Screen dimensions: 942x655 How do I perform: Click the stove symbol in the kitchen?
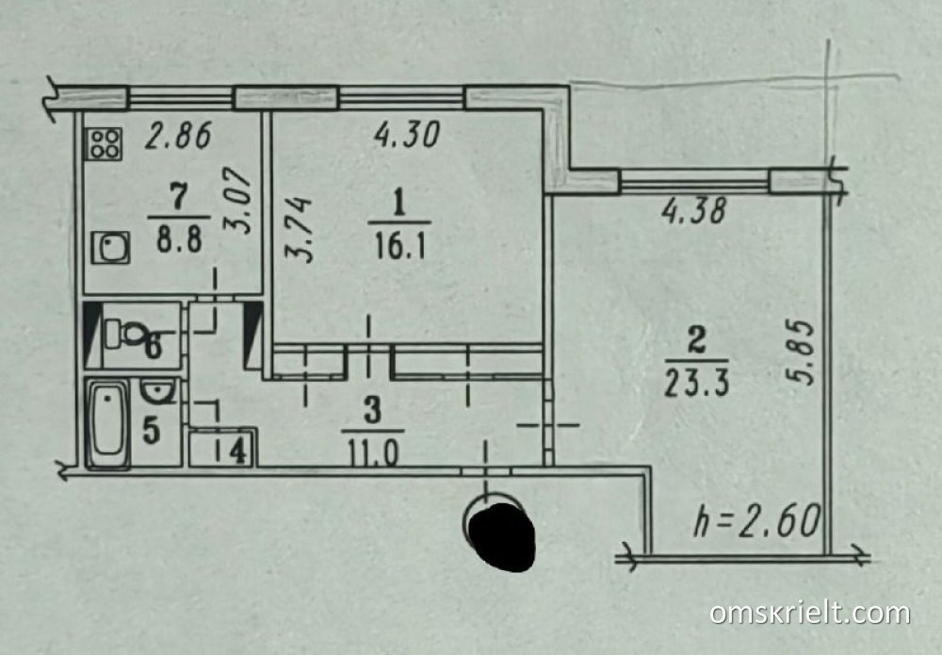click(x=104, y=143)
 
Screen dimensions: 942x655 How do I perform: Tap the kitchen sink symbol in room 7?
click(x=110, y=248)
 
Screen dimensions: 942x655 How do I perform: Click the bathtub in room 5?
click(x=108, y=425)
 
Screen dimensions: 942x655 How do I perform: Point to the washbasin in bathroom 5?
click(x=158, y=392)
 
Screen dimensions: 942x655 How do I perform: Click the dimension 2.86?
click(x=178, y=135)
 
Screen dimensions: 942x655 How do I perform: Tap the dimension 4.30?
click(x=407, y=135)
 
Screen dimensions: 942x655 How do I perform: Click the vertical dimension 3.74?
click(x=299, y=229)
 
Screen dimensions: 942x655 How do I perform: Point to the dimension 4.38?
click(x=694, y=211)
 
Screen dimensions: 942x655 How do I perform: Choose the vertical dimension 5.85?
click(x=800, y=352)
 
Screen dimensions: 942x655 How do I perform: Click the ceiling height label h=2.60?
click(x=757, y=520)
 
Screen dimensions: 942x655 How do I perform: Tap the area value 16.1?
click(x=399, y=246)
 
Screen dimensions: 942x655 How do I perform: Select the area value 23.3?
click(x=697, y=383)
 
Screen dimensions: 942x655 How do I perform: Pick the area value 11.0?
click(x=372, y=453)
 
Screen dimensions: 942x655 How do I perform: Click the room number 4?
click(x=238, y=450)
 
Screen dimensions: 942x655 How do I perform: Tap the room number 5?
click(x=151, y=431)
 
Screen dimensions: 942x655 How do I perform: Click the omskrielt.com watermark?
click(x=810, y=614)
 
